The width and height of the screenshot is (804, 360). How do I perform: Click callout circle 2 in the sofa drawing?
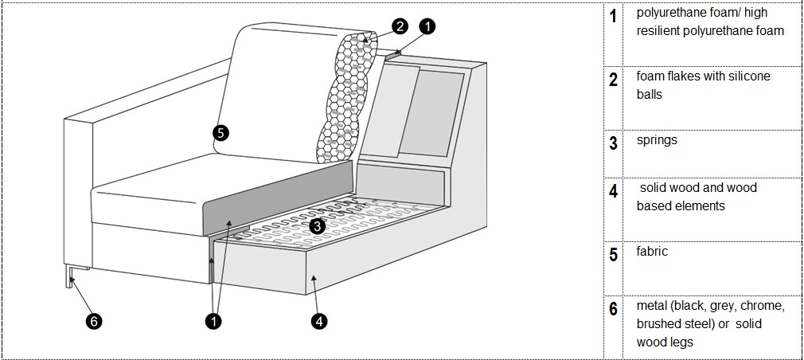click(x=400, y=26)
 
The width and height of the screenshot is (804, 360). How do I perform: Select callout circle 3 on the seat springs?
click(x=317, y=226)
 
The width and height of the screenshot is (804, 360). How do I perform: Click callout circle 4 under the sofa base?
click(x=318, y=322)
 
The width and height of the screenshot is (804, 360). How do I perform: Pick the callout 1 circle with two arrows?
click(x=213, y=322)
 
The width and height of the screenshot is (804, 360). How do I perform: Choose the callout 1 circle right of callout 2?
click(x=427, y=26)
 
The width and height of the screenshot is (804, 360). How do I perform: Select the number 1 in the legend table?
click(x=613, y=16)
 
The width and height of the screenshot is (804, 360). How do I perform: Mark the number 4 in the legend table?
click(x=613, y=192)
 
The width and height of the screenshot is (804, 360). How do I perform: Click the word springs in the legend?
click(x=657, y=140)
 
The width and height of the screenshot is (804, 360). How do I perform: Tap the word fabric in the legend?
click(x=652, y=251)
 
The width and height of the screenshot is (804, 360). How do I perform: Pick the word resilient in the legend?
click(x=661, y=31)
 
